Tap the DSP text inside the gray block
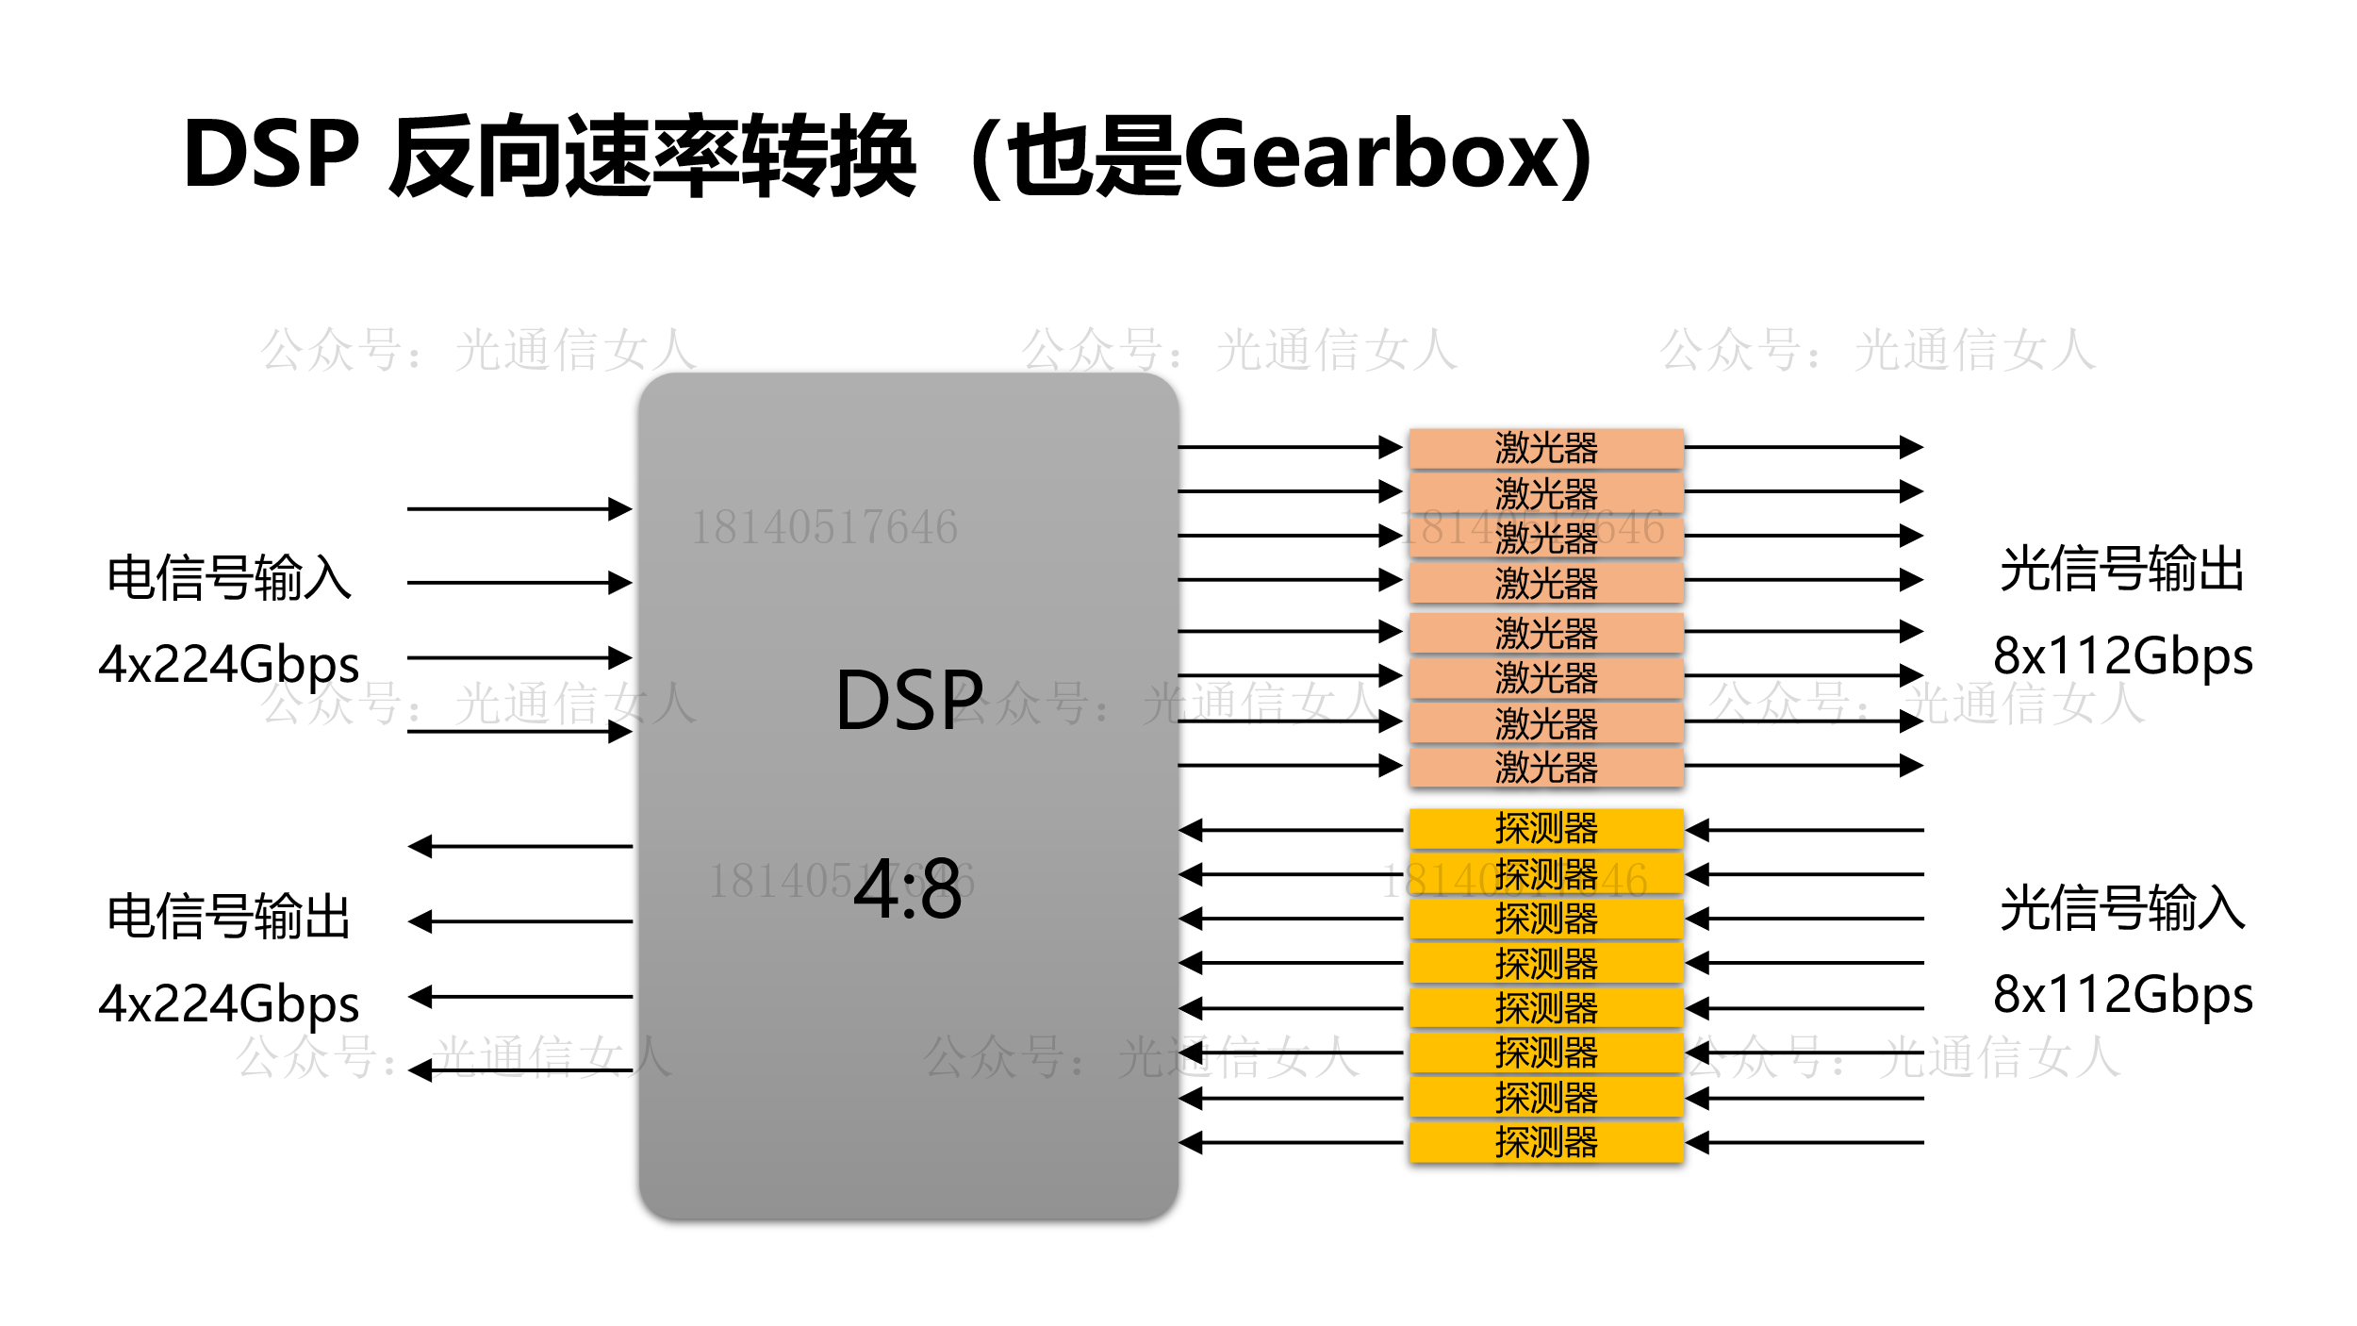tap(909, 701)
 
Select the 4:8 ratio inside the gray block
tap(907, 889)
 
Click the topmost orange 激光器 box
tap(1545, 448)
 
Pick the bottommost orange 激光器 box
tap(1545, 767)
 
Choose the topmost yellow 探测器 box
tap(1545, 828)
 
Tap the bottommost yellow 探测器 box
tap(1545, 1142)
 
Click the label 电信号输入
tap(229, 577)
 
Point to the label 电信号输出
tap(229, 916)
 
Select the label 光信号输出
tap(2122, 569)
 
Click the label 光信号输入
tap(2122, 908)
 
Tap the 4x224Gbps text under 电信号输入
tap(229, 664)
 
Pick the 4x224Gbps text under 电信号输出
tap(229, 1003)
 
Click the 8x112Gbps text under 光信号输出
tap(2122, 655)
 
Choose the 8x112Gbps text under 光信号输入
tap(2122, 995)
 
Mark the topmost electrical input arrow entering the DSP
tap(519, 509)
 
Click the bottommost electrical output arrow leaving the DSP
tap(519, 1070)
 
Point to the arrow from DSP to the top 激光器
tap(1289, 447)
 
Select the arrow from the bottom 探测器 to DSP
tap(1289, 1143)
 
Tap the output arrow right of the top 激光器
tap(1803, 447)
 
